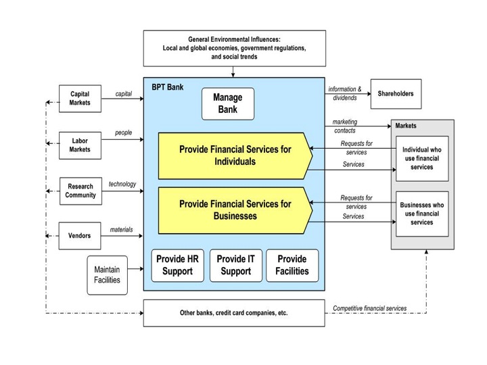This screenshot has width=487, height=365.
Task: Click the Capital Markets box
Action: (80, 98)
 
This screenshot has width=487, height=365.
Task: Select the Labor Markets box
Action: (80, 145)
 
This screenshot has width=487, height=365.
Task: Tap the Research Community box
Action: (80, 191)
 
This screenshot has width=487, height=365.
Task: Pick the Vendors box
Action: (80, 236)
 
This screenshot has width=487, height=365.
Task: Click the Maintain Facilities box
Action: (107, 275)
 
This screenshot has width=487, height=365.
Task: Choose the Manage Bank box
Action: (228, 103)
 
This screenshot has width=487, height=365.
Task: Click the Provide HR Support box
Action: (178, 265)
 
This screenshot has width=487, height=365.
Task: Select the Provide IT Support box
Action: (235, 265)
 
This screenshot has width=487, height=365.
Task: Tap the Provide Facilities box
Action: (292, 265)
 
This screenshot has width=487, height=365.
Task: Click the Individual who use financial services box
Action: (422, 158)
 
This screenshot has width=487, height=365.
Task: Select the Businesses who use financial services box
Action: (422, 214)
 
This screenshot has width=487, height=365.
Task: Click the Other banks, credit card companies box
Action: (234, 313)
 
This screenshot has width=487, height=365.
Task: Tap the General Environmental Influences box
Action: (234, 48)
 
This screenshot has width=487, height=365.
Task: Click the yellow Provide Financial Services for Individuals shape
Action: (235, 155)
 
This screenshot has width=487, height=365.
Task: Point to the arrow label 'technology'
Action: (122, 184)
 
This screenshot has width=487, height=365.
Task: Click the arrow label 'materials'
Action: (122, 230)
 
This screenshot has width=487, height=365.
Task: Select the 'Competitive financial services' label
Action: (370, 308)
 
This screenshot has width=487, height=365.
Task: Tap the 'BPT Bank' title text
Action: (167, 87)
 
